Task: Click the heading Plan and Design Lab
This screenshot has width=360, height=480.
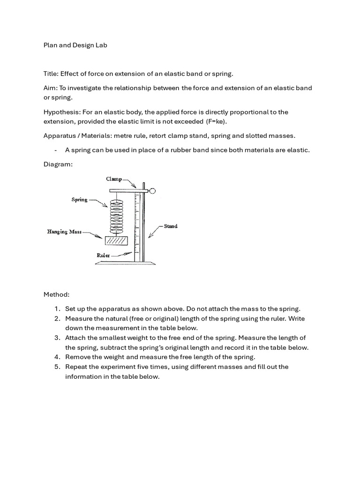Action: click(x=75, y=45)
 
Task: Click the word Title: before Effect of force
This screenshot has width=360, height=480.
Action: click(x=51, y=74)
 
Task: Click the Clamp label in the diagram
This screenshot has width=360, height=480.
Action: click(x=114, y=179)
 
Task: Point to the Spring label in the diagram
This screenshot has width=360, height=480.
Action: click(x=79, y=200)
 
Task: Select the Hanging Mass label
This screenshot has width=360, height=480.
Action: click(x=64, y=232)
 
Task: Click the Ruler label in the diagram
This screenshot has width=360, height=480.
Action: click(x=103, y=255)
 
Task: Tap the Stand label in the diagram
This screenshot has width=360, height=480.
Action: click(x=171, y=226)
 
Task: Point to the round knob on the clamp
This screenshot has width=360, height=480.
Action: click(x=153, y=190)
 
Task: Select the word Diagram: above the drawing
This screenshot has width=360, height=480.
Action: click(x=58, y=165)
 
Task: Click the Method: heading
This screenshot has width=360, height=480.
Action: click(x=57, y=295)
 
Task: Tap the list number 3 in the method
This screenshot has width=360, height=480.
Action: click(x=56, y=338)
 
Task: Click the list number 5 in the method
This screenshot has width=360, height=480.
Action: click(x=56, y=367)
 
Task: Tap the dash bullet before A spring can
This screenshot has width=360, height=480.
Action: click(x=56, y=150)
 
